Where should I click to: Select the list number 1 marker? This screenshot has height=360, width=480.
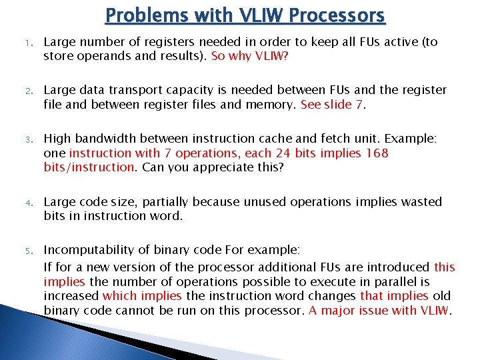point(19,43)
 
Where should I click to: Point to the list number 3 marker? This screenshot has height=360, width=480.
point(19,139)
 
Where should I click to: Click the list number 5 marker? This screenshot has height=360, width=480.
point(19,251)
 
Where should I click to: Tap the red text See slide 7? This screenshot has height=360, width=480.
point(333,104)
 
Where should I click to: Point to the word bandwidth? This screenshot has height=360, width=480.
point(99,139)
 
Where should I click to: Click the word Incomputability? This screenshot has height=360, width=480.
point(86,250)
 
